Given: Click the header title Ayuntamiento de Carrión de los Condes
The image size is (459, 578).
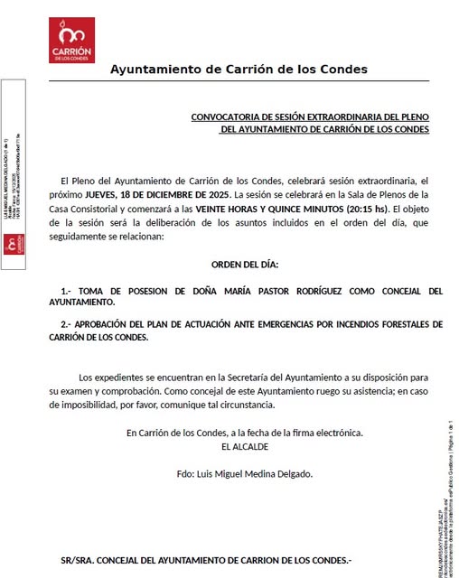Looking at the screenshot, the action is point(239,70).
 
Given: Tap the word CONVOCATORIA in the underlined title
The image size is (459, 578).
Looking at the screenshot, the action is point(229,117).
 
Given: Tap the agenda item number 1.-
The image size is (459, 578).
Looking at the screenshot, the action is point(66,291).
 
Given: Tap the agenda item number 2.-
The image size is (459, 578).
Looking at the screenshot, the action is point(66,324).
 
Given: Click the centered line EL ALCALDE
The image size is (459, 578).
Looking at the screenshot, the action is point(244,446).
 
